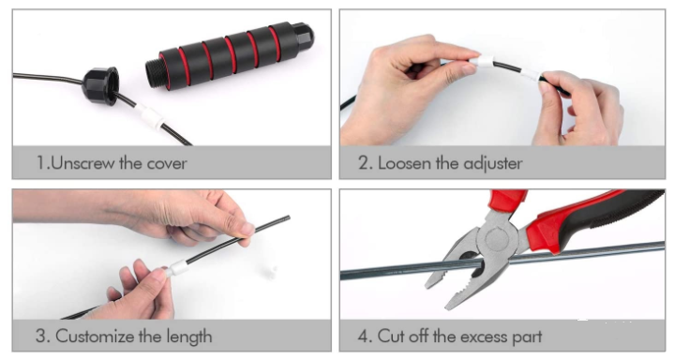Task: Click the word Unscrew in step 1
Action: [x=82, y=163]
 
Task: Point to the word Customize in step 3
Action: [x=95, y=337]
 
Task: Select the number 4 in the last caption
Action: [x=362, y=337]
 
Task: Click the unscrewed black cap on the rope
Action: [x=100, y=85]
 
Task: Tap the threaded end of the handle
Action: [x=153, y=74]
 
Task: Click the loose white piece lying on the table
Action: [x=270, y=272]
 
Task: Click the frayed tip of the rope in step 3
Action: [x=288, y=217]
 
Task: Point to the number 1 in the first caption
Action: [x=40, y=163]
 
